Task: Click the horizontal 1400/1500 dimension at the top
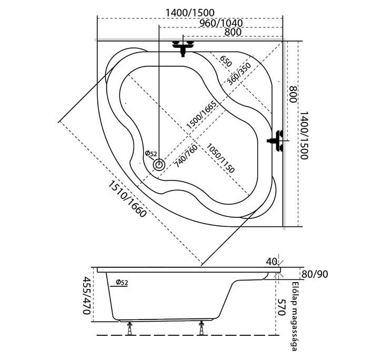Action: pyautogui.click(x=190, y=12)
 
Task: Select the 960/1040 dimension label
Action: pyautogui.click(x=221, y=23)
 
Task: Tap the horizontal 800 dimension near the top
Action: pyautogui.click(x=233, y=32)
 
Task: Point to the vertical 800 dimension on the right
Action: pyautogui.click(x=294, y=94)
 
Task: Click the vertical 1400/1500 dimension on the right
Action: pyautogui.click(x=304, y=135)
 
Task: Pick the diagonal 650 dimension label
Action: pyautogui.click(x=225, y=62)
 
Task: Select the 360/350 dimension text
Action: pyautogui.click(x=239, y=74)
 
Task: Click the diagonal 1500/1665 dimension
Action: pyautogui.click(x=202, y=115)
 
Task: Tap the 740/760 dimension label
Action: pyautogui.click(x=186, y=156)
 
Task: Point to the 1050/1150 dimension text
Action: pyautogui.click(x=220, y=158)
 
